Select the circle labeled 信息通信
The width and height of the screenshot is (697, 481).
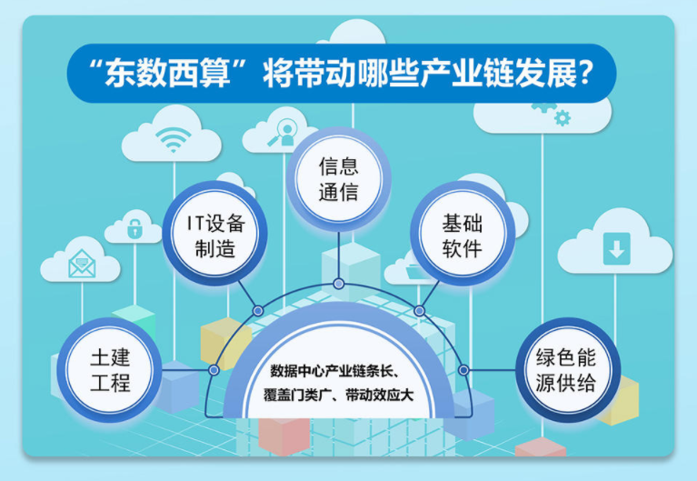tap(338, 178)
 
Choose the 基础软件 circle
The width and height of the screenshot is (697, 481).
tap(462, 235)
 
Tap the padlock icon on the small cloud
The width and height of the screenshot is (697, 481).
tap(134, 228)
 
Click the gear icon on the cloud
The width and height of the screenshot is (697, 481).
tap(563, 115)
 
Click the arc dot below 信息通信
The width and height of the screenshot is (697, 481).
tap(339, 284)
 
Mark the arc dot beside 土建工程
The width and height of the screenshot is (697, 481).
tap(214, 370)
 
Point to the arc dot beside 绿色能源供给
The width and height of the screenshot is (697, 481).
tap(463, 370)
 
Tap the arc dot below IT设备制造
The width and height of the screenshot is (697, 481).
tap(258, 311)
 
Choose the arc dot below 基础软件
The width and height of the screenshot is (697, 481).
tap(420, 311)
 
